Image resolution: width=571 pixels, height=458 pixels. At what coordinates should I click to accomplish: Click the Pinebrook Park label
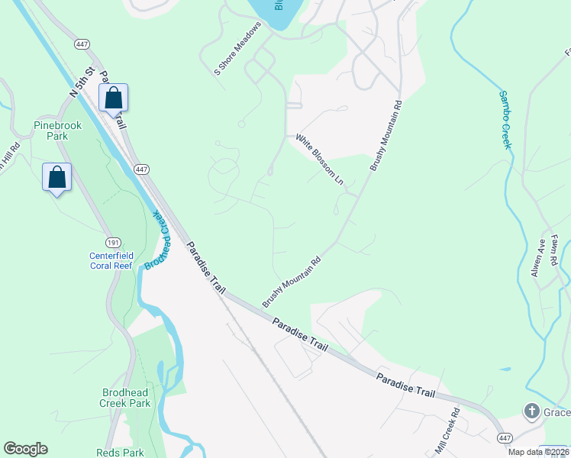coord(50,131)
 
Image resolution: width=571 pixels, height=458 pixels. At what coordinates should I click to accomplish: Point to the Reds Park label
coord(115,453)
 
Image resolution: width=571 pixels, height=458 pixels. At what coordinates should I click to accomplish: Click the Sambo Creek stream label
coord(505,120)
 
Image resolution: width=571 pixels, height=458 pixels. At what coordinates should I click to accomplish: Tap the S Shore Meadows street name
coord(238,48)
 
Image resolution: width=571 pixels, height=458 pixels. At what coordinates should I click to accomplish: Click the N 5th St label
coord(82,80)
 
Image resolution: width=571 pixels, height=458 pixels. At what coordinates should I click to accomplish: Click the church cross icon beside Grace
coord(531,412)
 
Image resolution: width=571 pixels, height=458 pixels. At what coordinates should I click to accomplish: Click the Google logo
coord(25,449)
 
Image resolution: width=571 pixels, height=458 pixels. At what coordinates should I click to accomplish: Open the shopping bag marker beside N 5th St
coord(113,98)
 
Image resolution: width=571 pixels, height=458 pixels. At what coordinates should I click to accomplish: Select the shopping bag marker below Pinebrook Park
coord(56,178)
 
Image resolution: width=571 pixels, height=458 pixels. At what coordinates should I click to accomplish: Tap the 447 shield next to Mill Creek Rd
coord(504,438)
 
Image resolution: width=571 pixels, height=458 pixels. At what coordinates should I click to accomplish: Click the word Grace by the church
coord(556,413)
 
